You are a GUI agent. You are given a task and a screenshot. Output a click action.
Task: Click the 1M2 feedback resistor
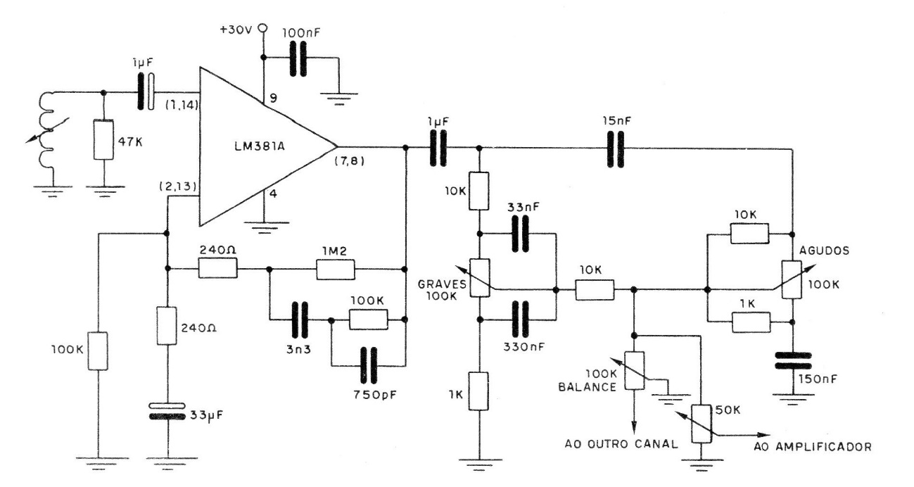pyautogui.click(x=334, y=268)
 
